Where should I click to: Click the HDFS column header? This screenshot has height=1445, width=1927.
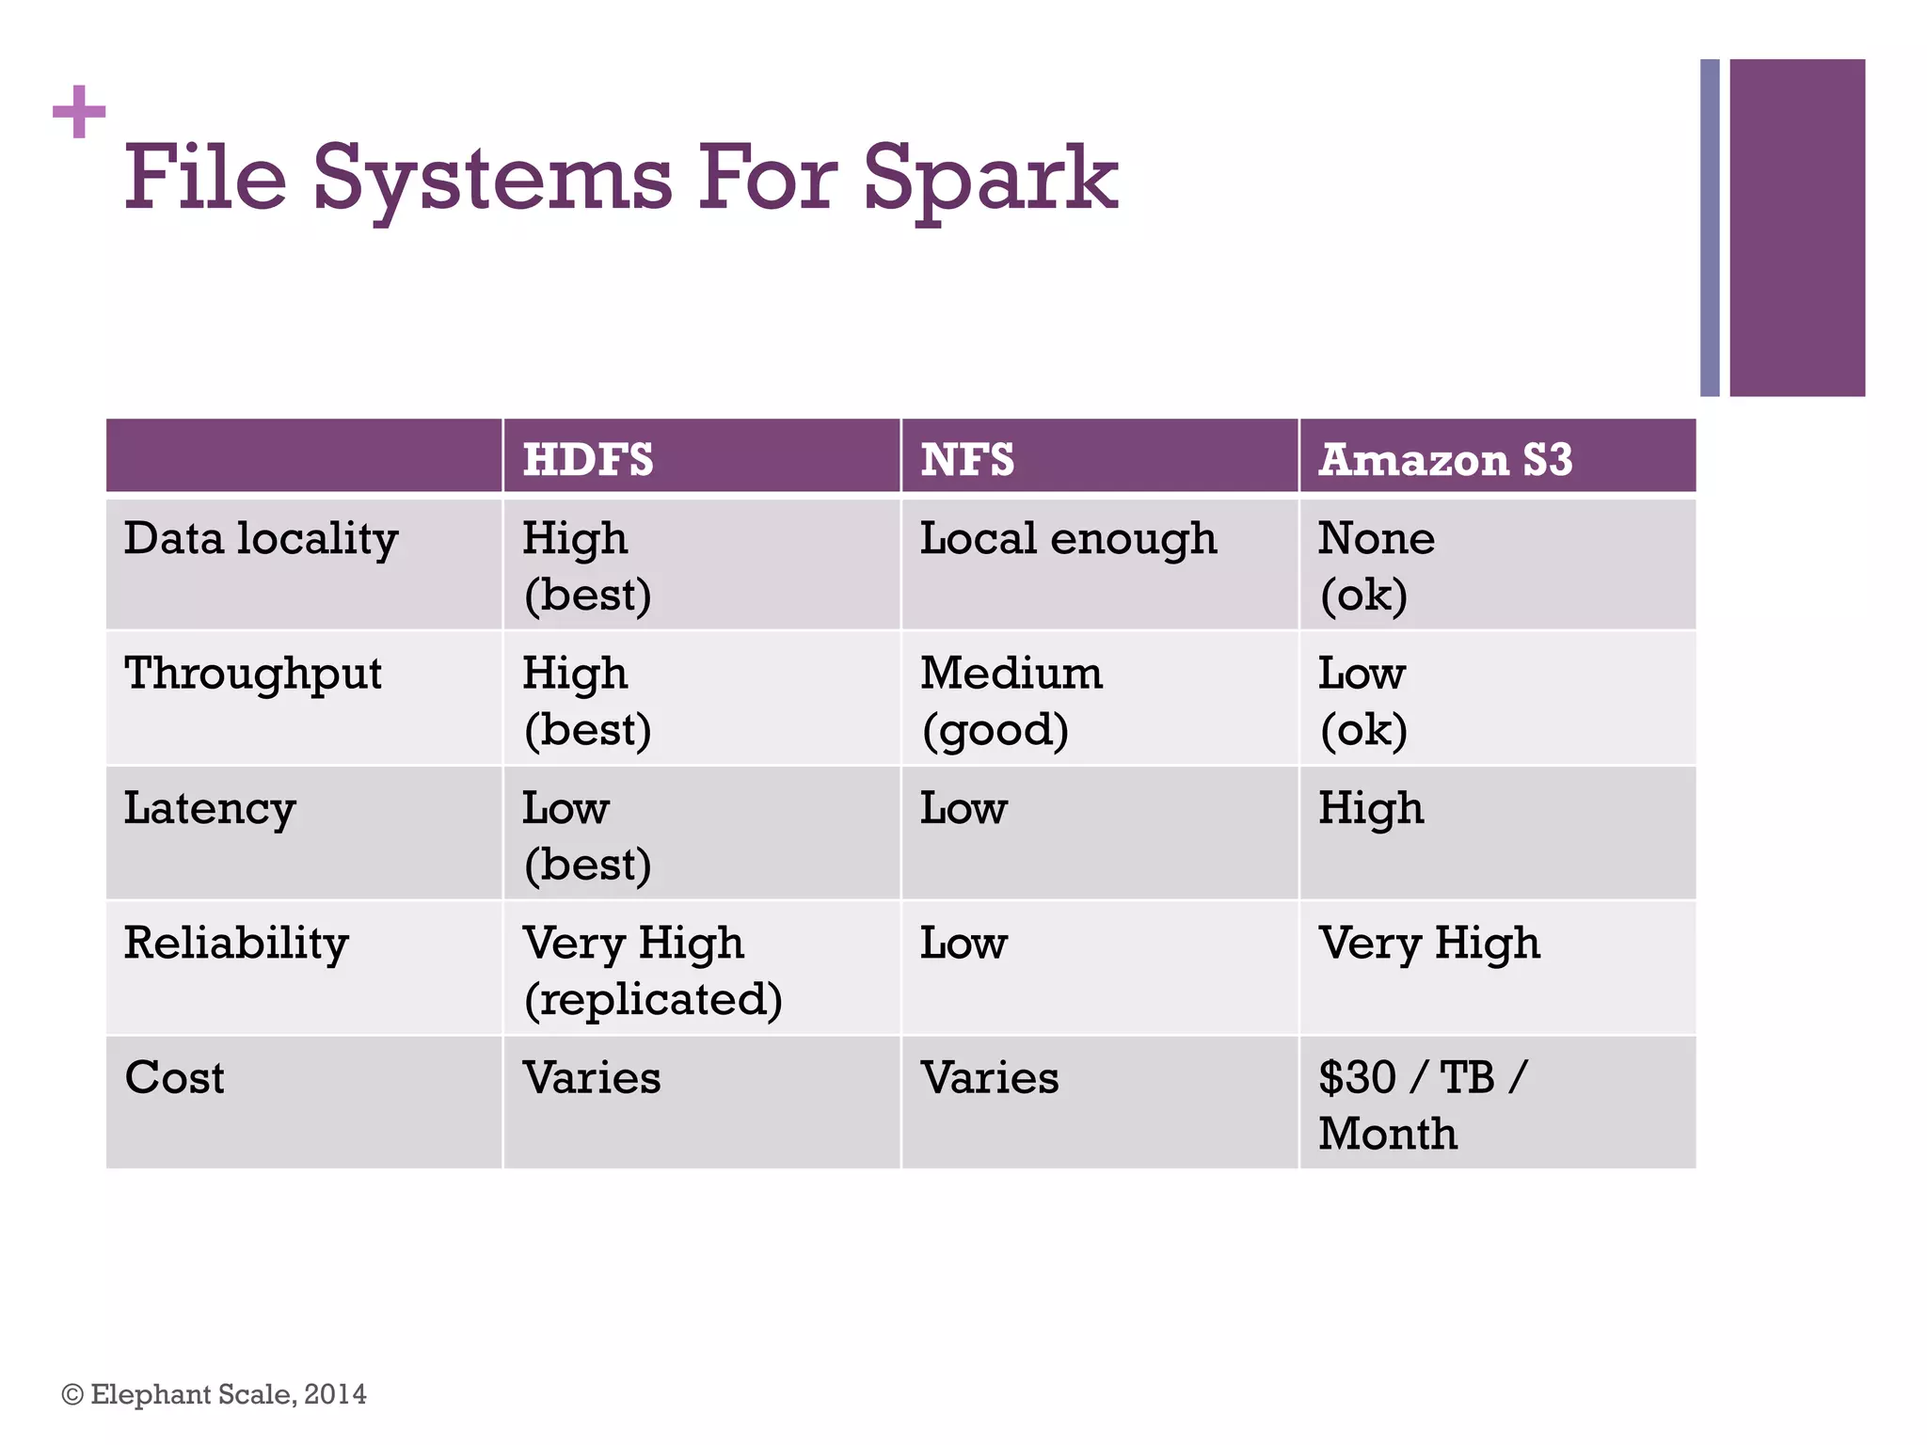point(588,459)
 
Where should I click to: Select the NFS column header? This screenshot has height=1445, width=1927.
point(967,459)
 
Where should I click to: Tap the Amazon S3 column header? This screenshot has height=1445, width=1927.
point(1445,459)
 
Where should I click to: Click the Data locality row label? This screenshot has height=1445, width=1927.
point(262,539)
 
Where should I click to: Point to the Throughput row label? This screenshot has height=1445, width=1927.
point(253,675)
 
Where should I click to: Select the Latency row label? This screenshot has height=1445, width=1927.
point(210,809)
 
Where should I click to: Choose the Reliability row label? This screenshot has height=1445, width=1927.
point(236,944)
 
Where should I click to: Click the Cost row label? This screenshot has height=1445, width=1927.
point(175,1078)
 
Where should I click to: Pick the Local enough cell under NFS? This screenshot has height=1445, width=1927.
point(1068,539)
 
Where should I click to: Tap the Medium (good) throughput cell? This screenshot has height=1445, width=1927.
point(1011,701)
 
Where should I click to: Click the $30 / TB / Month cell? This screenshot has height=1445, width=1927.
point(1423,1104)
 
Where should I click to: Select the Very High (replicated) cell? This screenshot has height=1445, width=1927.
point(652,970)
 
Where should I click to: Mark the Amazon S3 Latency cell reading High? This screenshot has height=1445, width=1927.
point(1371,809)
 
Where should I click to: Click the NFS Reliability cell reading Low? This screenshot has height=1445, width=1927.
point(963,944)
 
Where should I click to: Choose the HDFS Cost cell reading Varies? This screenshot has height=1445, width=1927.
point(592,1078)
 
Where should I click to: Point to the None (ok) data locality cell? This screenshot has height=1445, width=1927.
point(1376,565)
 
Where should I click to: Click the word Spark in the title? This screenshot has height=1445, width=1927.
point(990,179)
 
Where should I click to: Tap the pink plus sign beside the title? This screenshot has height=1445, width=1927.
point(79,112)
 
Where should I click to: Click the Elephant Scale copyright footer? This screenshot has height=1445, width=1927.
point(215,1394)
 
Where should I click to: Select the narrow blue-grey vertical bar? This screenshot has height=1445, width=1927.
point(1710,228)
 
